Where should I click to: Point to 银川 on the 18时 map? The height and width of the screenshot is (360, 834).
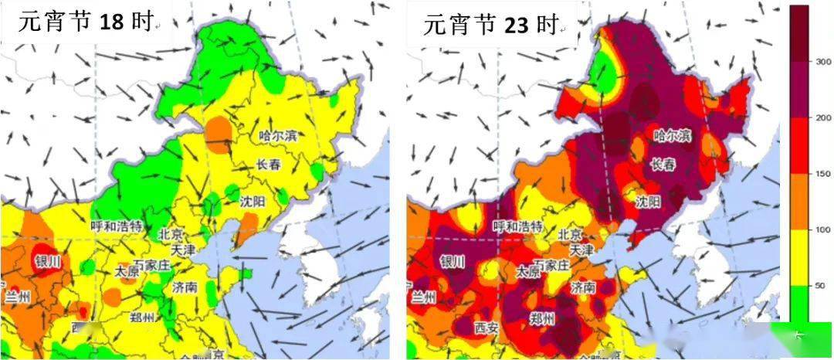pos(47,261)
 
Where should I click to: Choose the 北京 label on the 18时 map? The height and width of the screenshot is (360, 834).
pos(171,234)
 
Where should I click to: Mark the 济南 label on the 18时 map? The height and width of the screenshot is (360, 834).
pos(185,287)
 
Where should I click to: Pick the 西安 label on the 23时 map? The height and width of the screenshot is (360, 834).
pos(486,327)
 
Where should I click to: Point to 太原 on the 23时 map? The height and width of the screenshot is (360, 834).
pos(528,272)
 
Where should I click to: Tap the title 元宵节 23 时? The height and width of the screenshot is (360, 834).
pos(490,25)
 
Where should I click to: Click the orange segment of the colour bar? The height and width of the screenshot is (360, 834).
pos(798,201)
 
